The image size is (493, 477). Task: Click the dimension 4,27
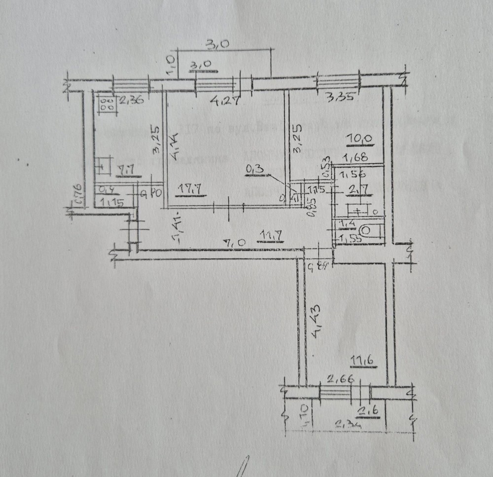tap(222, 102)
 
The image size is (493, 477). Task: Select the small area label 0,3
tap(255, 170)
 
